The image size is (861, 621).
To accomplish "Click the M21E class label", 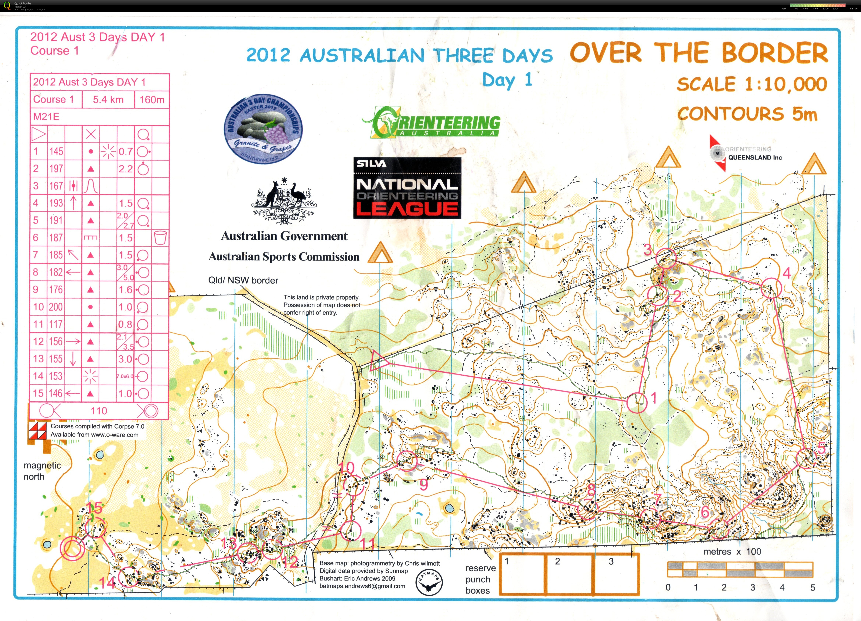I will click(46, 117).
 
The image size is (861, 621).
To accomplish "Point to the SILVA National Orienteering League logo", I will click(407, 188).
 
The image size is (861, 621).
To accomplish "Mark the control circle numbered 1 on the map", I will click(637, 403).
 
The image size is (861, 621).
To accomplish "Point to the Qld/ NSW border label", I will click(243, 280).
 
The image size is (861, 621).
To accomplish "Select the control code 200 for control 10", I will click(56, 307).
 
